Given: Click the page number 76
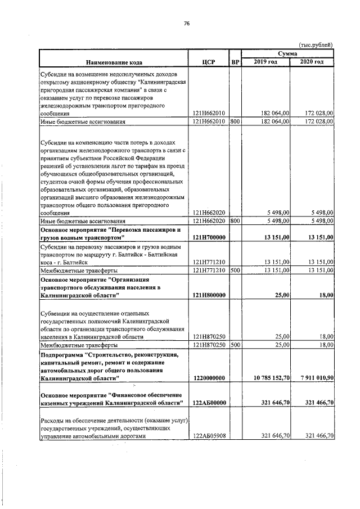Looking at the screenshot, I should tap(187, 23).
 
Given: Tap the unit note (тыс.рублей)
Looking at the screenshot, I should tap(316, 44).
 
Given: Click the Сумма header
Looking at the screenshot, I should tap(287, 52).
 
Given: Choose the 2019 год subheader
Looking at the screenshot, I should tap(265, 61).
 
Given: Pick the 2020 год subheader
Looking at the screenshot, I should tap(312, 61).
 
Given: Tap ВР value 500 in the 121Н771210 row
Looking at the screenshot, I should tap(235, 270).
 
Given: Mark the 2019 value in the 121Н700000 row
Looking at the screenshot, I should tap(276, 238).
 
